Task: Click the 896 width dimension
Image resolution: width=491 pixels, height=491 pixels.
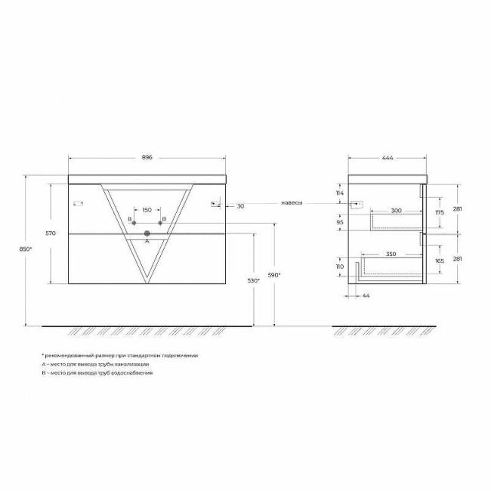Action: pyautogui.click(x=147, y=157)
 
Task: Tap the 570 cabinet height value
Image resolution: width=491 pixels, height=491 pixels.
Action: pyautogui.click(x=51, y=233)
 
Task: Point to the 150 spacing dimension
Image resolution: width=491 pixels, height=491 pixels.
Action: pyautogui.click(x=147, y=209)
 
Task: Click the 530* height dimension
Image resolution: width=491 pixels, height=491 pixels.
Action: pyautogui.click(x=254, y=280)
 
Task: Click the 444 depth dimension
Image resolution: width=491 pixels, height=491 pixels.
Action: pyautogui.click(x=388, y=157)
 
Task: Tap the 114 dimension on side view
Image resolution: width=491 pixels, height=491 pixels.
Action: pyautogui.click(x=339, y=193)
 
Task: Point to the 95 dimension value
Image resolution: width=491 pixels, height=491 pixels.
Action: pyautogui.click(x=340, y=222)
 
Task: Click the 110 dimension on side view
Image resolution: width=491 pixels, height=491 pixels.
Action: pyautogui.click(x=339, y=267)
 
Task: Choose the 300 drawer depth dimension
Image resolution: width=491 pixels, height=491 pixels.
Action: pyautogui.click(x=396, y=212)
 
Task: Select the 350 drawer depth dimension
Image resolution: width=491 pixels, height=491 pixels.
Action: pyautogui.click(x=391, y=255)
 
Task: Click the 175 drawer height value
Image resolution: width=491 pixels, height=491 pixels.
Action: pyautogui.click(x=439, y=213)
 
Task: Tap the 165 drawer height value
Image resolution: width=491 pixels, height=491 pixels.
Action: pyautogui.click(x=439, y=261)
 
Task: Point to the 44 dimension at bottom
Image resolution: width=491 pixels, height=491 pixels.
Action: pyautogui.click(x=365, y=295)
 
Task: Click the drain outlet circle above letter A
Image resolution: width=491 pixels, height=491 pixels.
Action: pyautogui.click(x=147, y=233)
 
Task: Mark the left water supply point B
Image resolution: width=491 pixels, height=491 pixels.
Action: pyautogui.click(x=133, y=224)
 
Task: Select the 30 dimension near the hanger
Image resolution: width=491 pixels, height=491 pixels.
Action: pyautogui.click(x=240, y=205)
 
